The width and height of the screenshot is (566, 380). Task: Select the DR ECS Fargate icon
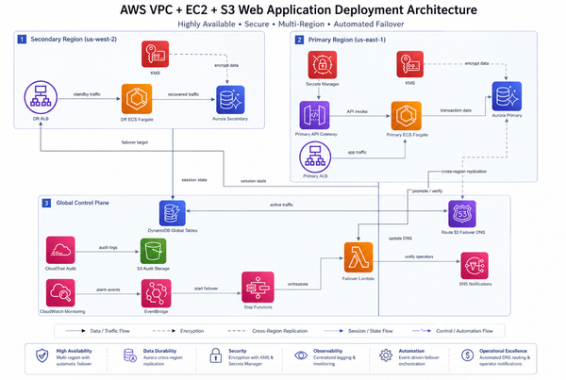135,98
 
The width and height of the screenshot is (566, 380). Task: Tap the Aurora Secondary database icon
227,98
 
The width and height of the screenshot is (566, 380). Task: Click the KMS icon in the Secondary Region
154,55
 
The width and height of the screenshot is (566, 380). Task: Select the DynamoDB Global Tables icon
174,213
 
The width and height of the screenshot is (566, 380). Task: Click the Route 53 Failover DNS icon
463,213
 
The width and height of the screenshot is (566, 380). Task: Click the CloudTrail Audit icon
60,250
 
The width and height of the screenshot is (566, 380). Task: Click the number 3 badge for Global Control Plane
22,203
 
